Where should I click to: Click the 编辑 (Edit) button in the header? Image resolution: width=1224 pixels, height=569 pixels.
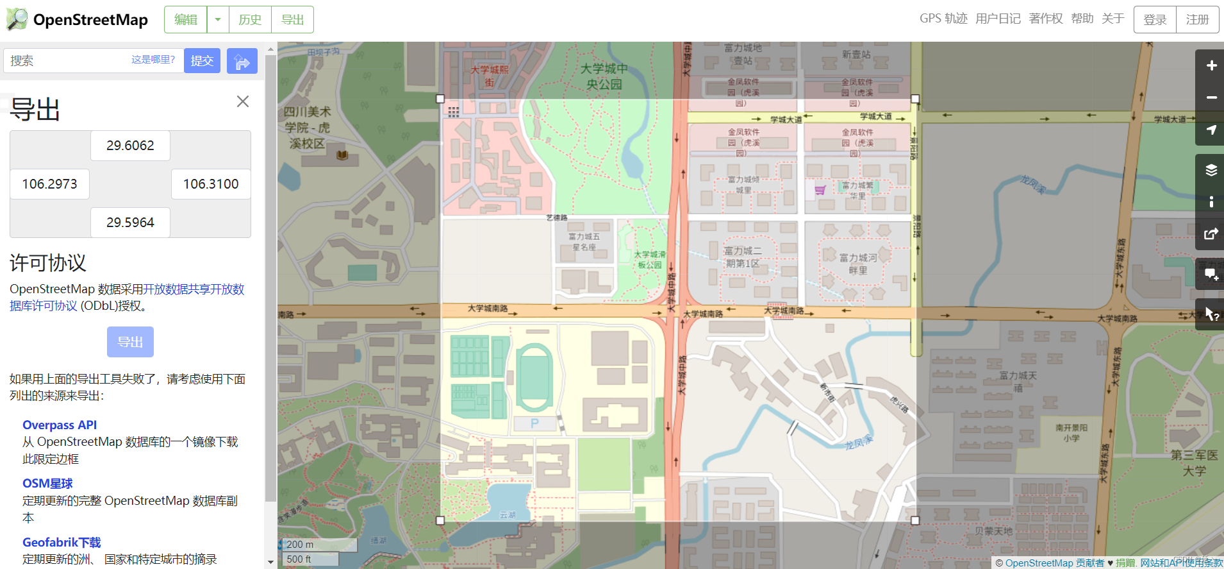(186, 20)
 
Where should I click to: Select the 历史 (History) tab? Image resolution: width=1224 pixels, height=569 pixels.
(250, 20)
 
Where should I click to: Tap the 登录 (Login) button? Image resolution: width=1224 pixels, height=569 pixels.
(1155, 20)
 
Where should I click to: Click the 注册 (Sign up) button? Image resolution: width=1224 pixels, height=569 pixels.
(1197, 20)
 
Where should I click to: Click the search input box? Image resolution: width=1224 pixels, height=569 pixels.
(67, 60)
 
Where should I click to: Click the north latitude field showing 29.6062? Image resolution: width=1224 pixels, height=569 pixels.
(130, 146)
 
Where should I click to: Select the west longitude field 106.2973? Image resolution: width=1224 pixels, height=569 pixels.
(49, 184)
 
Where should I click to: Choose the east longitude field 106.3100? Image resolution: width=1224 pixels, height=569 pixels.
(211, 184)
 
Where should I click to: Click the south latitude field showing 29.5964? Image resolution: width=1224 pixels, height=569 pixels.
(130, 223)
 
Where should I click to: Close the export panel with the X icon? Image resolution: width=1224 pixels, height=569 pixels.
(243, 101)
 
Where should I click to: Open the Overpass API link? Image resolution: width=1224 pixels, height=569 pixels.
(60, 425)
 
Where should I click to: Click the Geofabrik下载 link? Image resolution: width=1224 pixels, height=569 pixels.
(62, 543)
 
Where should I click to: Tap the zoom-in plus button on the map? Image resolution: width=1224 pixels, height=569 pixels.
(1211, 65)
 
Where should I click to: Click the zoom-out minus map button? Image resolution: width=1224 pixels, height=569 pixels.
(1211, 98)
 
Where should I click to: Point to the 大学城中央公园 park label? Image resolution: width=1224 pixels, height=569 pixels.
(604, 76)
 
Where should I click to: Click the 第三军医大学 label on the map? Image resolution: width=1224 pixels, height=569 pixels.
(1194, 463)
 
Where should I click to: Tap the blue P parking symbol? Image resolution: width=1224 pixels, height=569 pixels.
(534, 423)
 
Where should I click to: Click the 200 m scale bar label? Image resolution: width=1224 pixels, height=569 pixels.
(301, 545)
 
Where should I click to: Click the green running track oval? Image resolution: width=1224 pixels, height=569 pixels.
(534, 378)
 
